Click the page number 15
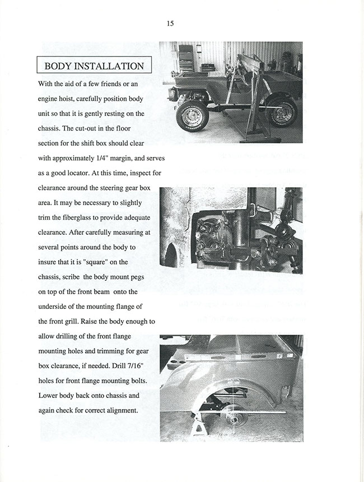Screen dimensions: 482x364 (x=170, y=23)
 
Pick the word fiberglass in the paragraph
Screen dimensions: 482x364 (x=78, y=217)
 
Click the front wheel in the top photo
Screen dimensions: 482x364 (x=192, y=116)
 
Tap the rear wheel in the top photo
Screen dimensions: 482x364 (x=282, y=112)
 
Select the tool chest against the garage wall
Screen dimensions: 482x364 (x=185, y=57)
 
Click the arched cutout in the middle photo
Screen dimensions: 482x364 (x=171, y=256)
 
